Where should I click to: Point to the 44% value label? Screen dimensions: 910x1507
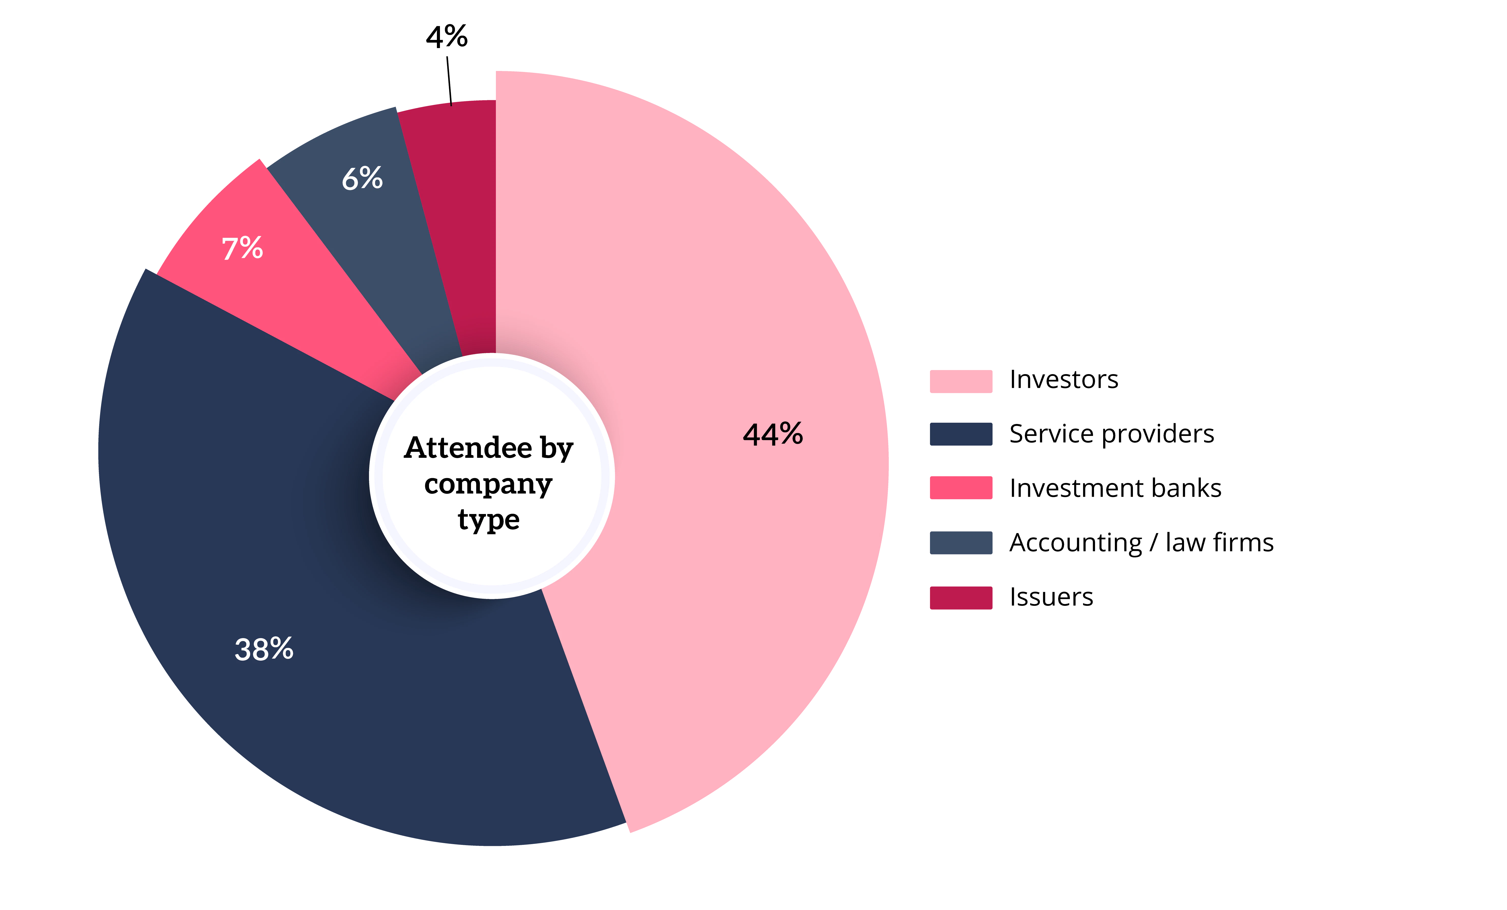(773, 434)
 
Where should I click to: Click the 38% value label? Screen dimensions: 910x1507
(264, 649)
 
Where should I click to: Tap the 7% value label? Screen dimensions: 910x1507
(242, 248)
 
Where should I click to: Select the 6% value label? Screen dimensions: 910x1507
(362, 179)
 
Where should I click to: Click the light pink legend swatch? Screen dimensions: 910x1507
(961, 381)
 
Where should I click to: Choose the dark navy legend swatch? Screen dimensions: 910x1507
(961, 433)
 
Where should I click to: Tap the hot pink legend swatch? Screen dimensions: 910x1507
(961, 488)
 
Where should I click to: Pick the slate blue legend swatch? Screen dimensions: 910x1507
(961, 543)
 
